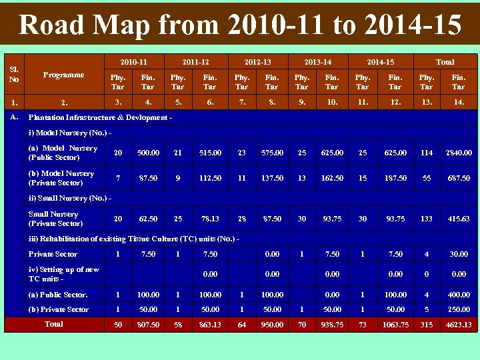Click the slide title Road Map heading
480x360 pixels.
click(240, 25)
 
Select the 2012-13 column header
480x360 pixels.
click(257, 62)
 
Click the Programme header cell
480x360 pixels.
click(63, 75)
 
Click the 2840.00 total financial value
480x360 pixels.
click(458, 153)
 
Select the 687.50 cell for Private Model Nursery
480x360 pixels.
click(458, 178)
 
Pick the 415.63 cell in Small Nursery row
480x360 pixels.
click(458, 219)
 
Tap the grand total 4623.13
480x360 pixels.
click(458, 325)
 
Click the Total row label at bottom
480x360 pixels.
click(53, 324)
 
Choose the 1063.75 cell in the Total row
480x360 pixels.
click(395, 325)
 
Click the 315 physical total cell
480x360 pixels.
click(426, 325)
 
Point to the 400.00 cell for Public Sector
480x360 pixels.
click(458, 294)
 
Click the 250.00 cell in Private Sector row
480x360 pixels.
click(458, 309)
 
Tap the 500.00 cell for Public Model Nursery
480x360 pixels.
click(148, 153)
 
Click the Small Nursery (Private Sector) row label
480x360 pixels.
click(55, 219)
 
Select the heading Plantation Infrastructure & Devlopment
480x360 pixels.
click(101, 117)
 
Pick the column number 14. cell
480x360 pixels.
click(458, 102)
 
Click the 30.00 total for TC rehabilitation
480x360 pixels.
click(458, 254)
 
